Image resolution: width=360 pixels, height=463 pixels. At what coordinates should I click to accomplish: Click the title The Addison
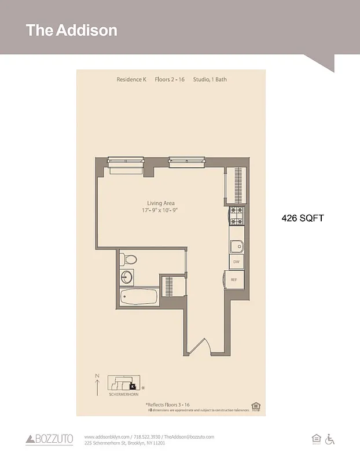71,30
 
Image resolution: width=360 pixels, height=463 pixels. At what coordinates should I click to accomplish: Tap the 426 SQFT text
302,218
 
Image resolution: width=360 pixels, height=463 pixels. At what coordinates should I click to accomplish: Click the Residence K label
131,79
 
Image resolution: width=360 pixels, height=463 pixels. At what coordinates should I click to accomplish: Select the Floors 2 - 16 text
170,79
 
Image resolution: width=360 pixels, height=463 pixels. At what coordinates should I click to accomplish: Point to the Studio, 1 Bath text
210,79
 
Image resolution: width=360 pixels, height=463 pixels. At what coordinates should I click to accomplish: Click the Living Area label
161,203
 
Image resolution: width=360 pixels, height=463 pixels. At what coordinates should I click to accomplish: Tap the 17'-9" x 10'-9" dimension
161,211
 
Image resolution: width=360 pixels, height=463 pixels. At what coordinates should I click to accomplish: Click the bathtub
139,297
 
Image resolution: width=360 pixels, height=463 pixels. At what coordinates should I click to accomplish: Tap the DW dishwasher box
236,262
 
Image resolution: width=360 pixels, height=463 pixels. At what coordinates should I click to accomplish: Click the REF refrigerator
233,280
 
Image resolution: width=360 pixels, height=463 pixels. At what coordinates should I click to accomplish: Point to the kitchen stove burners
236,216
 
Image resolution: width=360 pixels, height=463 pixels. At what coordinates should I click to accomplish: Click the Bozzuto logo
50,440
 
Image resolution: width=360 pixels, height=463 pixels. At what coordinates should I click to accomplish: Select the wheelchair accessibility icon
330,439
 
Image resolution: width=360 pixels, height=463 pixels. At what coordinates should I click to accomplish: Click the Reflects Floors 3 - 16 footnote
167,405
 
